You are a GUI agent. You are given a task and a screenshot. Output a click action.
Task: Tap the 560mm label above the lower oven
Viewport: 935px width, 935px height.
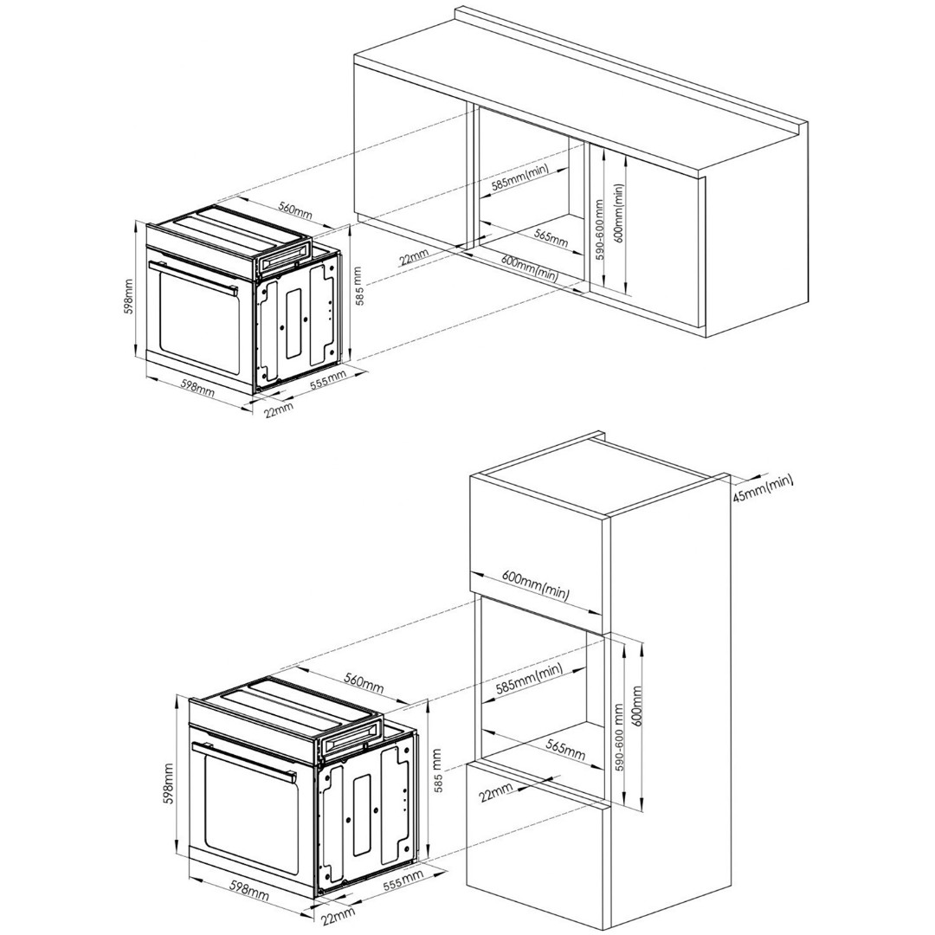click(x=363, y=683)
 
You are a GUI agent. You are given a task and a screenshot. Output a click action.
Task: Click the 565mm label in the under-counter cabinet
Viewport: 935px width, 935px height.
click(x=551, y=238)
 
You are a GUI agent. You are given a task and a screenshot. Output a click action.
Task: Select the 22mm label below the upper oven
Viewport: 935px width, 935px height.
click(x=279, y=411)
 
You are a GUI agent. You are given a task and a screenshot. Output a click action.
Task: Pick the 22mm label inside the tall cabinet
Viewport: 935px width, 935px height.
click(x=496, y=792)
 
